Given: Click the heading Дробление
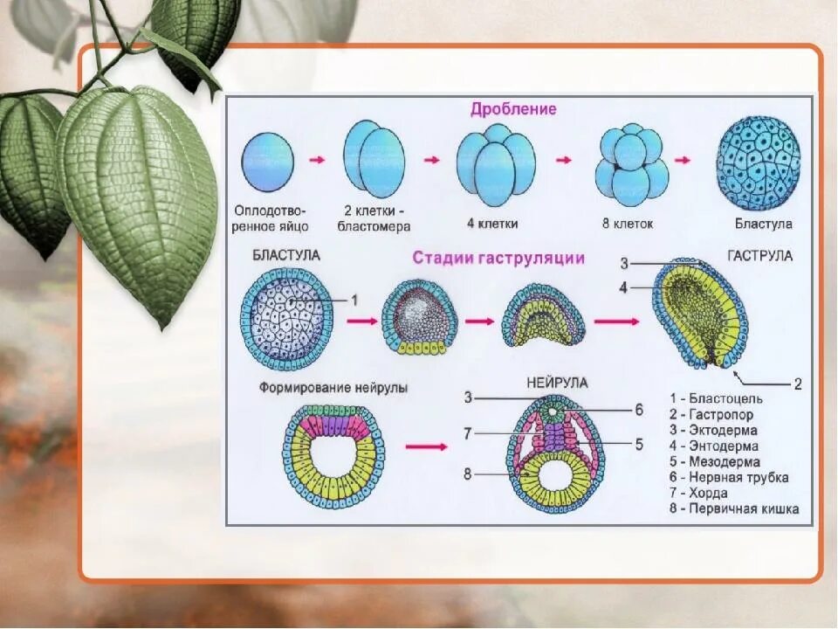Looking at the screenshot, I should [513, 109].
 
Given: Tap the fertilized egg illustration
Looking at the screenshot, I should [268, 162].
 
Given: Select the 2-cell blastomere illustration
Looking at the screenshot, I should [374, 161].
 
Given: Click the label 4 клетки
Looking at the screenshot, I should [492, 224].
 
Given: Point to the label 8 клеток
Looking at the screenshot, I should [627, 224].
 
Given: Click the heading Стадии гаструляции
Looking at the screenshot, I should [498, 258].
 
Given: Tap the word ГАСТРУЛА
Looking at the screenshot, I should [759, 256].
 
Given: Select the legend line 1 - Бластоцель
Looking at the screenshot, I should [716, 400].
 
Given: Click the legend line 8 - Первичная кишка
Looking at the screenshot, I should [734, 508].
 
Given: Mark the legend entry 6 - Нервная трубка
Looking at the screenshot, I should [729, 477].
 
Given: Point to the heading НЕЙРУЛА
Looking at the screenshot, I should [557, 383].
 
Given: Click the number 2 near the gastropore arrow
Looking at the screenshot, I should [797, 384].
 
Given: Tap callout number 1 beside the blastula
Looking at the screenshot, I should [354, 300].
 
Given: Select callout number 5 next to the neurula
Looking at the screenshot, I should [639, 444].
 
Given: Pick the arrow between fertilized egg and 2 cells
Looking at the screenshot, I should [318, 160].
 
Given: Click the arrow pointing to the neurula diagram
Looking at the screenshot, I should [426, 446].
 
